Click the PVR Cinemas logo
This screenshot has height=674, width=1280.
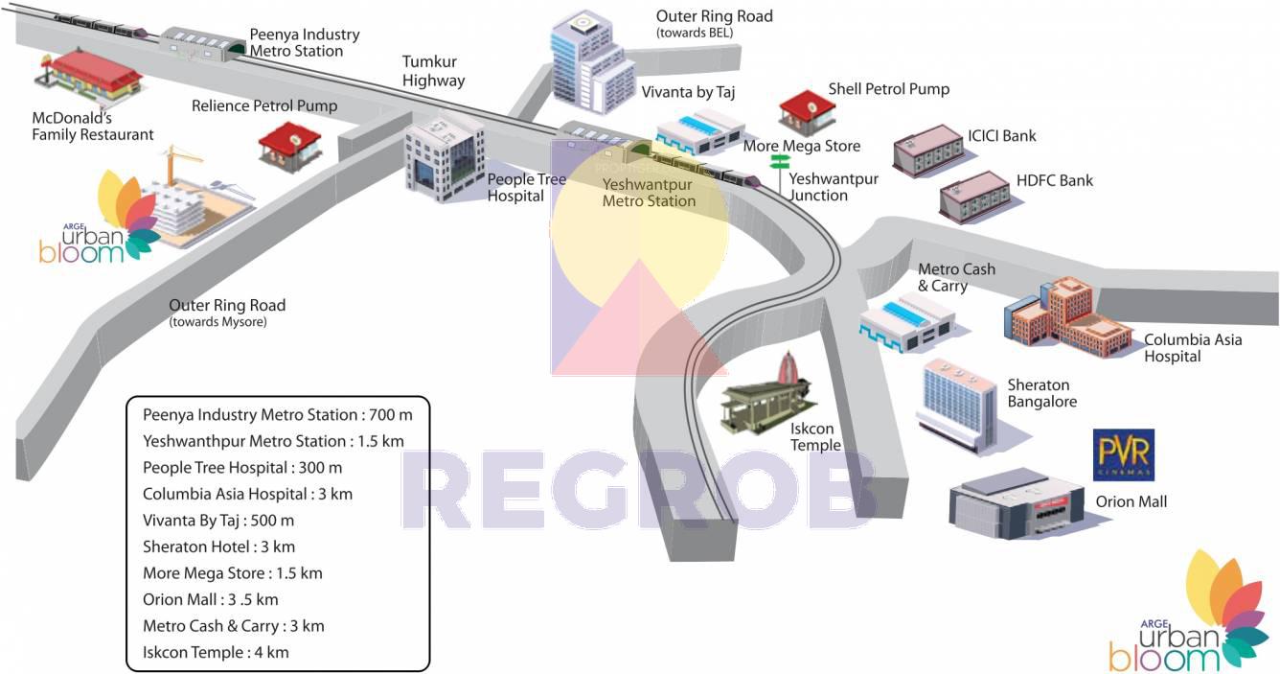[1123, 454]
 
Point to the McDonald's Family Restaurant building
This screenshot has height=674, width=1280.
[93, 76]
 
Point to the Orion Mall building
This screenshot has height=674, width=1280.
[1016, 503]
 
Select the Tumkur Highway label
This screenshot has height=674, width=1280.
[433, 72]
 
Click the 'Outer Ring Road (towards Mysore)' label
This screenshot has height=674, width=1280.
[227, 313]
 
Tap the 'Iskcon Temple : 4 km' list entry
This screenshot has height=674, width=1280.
[216, 652]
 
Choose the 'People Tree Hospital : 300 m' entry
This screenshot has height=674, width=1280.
[242, 468]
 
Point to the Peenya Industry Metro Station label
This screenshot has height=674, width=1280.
[304, 42]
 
